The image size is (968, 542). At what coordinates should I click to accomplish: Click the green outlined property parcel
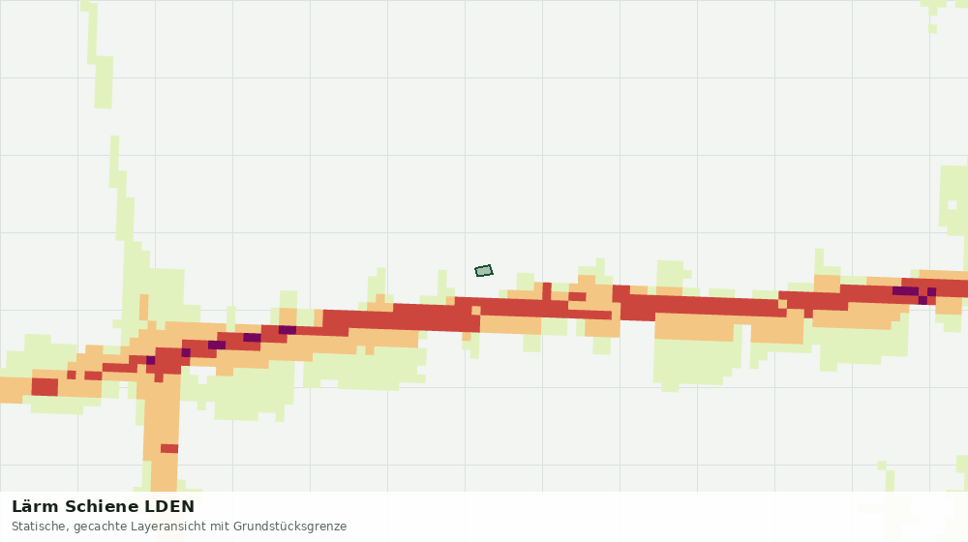click(484, 270)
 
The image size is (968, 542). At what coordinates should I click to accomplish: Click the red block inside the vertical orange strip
click(169, 449)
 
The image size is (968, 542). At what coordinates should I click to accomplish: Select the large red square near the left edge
click(45, 387)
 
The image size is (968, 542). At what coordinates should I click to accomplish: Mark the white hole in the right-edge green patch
click(952, 205)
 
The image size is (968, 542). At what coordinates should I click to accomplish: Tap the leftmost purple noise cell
click(150, 360)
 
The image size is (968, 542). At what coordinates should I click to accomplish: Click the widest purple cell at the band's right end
click(905, 291)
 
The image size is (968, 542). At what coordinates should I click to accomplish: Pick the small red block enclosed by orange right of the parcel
click(577, 297)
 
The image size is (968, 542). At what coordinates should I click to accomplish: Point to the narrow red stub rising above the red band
click(547, 291)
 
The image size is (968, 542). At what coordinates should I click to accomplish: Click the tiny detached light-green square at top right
click(933, 29)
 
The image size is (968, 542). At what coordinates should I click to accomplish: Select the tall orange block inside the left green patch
click(144, 308)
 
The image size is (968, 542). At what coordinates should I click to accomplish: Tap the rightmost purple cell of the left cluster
click(287, 330)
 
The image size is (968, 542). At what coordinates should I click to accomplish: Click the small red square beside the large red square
click(71, 376)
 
